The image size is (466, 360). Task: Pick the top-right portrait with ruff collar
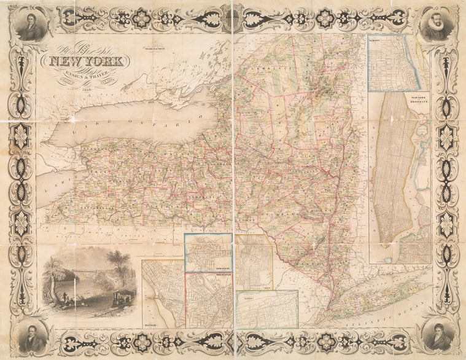click(437, 26)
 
